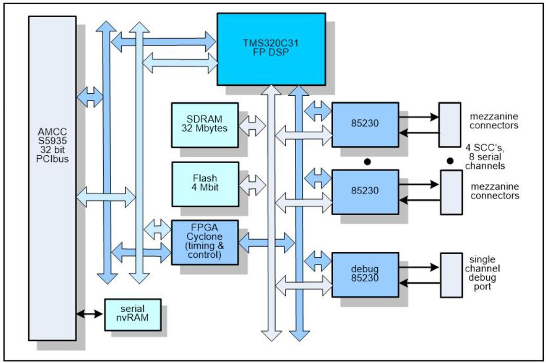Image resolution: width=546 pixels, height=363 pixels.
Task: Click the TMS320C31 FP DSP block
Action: pos(271,49)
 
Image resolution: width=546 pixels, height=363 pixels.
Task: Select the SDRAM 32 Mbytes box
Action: pos(204,125)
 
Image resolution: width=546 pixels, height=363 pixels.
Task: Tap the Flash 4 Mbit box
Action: pos(205,184)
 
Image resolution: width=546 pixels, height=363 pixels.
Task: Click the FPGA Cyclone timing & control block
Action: pos(204,242)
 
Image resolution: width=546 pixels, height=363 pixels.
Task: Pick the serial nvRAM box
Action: pos(133,314)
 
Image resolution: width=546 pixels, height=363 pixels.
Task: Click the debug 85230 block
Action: pos(365,275)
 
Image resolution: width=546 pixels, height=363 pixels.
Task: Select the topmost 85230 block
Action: pos(365,125)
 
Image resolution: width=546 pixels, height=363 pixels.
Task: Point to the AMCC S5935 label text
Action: pos(52,145)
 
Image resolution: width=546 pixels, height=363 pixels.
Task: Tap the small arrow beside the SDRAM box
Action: pos(252,126)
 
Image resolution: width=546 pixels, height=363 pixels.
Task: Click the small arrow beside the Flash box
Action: pos(252,185)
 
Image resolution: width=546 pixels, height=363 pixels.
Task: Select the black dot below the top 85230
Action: pos(367,162)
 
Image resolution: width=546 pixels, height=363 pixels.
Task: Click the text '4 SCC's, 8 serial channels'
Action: pos(485,157)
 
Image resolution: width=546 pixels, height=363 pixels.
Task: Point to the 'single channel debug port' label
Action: pos(482,273)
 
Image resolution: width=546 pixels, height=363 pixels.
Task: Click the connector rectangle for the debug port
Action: pos(451,275)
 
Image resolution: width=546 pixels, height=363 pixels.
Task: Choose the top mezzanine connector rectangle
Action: pos(449,125)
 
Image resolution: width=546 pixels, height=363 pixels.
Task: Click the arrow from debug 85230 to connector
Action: pos(419,267)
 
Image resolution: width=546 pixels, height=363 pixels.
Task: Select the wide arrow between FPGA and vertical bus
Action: pos(266,242)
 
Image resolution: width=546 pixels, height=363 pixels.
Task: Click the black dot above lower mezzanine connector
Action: pos(450,161)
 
